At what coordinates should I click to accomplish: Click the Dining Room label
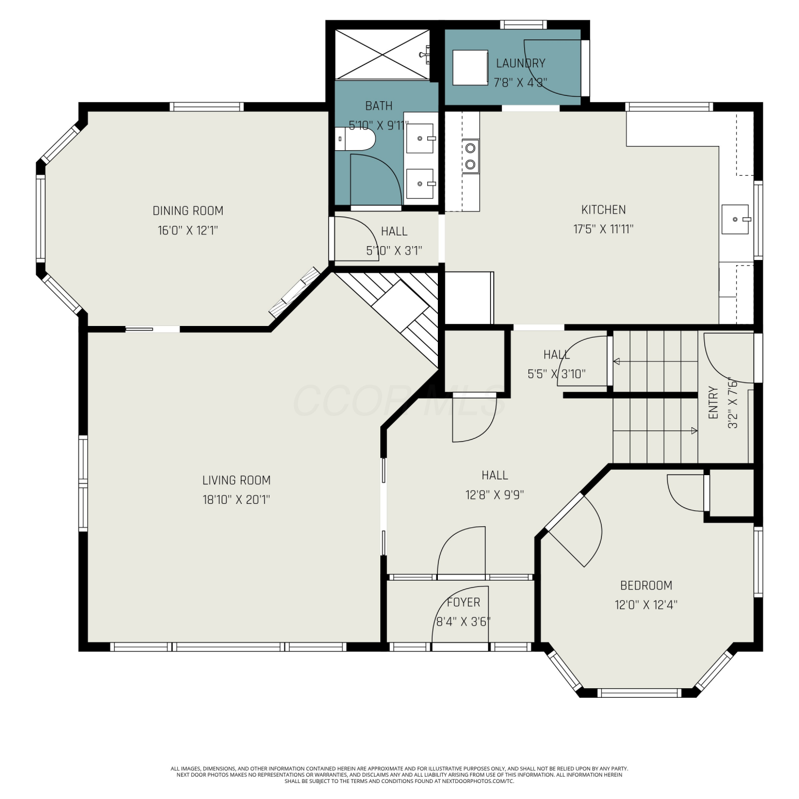coord(188,210)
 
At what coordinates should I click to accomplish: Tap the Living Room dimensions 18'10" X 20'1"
coord(237,500)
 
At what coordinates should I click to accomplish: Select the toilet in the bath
coord(355,140)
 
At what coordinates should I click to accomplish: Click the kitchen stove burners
coord(470,157)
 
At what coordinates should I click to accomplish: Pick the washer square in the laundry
coord(470,68)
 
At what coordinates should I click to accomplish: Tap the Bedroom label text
coord(646,585)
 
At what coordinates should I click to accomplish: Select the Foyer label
coord(463,602)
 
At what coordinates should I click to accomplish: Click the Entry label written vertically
coord(714,403)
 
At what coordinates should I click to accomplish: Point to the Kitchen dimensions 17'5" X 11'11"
coord(604,229)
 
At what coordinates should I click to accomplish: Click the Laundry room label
coord(520,63)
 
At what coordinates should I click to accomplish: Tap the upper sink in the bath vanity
coord(420,138)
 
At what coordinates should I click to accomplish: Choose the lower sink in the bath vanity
coord(420,184)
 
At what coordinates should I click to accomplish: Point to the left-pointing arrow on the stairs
coord(656,362)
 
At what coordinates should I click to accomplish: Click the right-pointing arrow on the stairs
coord(656,430)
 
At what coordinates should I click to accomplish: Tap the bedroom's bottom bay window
coord(639,693)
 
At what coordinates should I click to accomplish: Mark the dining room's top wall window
coord(207,107)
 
